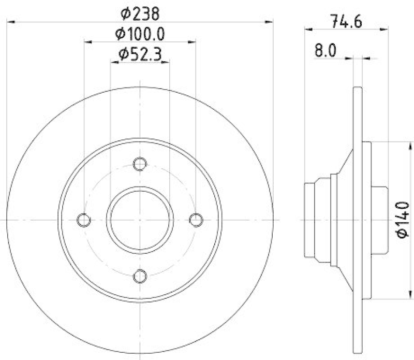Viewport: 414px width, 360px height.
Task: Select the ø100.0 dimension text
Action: point(140,34)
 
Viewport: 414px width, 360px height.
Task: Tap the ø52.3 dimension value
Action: point(140,53)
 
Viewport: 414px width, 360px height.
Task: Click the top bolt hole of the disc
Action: point(140,164)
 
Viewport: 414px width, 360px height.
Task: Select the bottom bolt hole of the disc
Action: point(140,276)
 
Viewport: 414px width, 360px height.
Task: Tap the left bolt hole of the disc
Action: point(84,220)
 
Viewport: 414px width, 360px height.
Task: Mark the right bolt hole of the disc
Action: point(196,220)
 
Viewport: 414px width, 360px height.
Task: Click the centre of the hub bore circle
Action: point(140,220)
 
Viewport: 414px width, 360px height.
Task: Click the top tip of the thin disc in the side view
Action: point(358,89)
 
